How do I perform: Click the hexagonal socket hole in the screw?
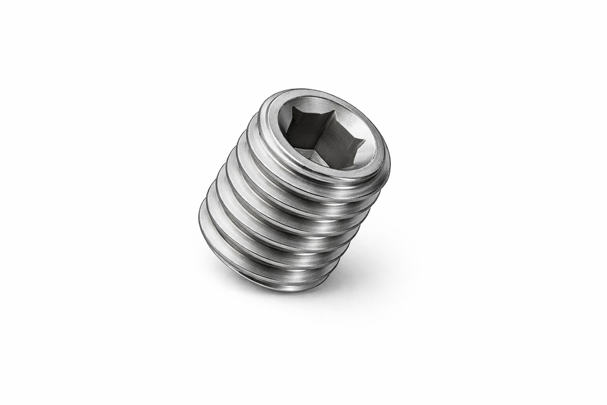(323, 134)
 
